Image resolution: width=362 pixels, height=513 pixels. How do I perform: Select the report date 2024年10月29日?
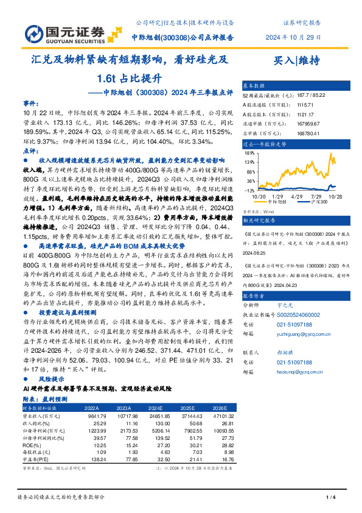point(293,37)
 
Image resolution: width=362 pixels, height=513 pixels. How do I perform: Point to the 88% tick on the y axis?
point(250,172)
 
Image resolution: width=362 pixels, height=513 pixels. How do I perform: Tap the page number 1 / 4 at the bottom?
point(331,498)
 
